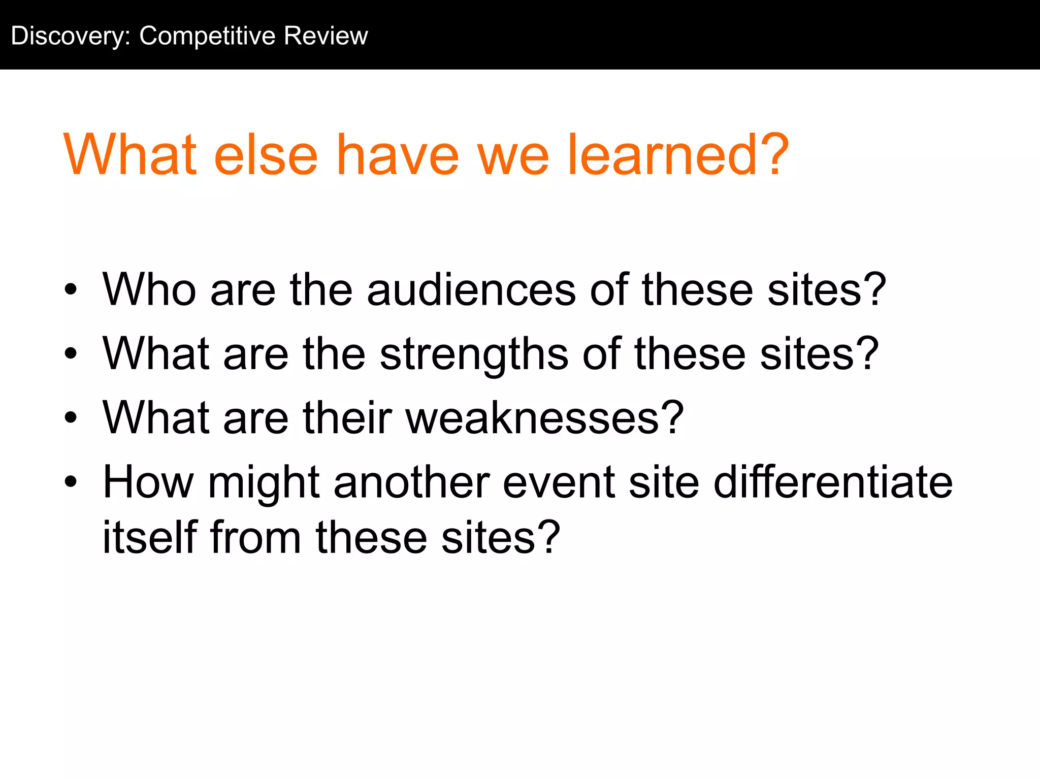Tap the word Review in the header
326,37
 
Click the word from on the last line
255,537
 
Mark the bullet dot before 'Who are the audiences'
71,290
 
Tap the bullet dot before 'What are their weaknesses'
71,418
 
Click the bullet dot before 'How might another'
71,482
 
